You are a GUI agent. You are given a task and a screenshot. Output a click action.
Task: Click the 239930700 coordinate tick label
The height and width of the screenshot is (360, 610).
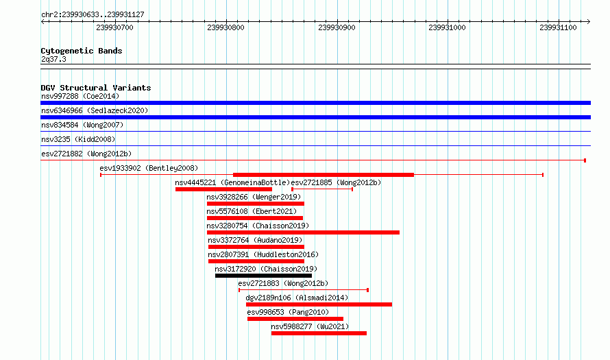point(114,27)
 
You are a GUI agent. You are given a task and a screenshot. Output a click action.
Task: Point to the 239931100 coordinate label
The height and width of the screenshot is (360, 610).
point(559,27)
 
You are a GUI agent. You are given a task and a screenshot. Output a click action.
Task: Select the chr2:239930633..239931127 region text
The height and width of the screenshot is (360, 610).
point(93,14)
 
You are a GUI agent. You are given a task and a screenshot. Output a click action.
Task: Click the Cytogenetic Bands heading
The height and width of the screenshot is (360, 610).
point(82,51)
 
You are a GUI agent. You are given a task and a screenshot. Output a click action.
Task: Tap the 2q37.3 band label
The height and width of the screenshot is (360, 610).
point(53,59)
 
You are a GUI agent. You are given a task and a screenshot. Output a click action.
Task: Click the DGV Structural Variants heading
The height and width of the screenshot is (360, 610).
point(96,88)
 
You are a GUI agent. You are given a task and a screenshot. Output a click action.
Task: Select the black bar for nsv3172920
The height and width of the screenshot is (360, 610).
point(263,276)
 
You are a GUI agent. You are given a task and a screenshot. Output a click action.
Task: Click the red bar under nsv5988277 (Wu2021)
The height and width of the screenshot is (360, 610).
point(319,333)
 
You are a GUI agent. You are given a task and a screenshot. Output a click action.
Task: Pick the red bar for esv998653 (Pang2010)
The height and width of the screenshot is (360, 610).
point(295,319)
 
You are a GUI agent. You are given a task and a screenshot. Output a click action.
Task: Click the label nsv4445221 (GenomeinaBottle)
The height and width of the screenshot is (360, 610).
point(232,182)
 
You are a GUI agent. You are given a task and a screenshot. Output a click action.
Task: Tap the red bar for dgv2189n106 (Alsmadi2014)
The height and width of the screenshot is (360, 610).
point(319,304)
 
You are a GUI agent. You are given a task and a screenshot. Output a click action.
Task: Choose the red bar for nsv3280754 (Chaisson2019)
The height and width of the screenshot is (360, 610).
point(303,232)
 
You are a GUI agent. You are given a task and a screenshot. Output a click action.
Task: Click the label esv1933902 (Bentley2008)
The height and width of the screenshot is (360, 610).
point(149,168)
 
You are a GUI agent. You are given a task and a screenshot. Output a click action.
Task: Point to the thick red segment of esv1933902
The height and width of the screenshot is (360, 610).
point(324,175)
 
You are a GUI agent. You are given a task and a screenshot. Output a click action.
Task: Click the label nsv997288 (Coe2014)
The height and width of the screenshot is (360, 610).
point(80,96)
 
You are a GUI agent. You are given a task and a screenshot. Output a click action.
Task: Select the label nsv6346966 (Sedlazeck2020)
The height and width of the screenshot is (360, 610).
point(95,110)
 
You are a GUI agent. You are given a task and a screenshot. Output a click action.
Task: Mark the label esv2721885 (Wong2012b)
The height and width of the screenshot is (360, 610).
point(336,182)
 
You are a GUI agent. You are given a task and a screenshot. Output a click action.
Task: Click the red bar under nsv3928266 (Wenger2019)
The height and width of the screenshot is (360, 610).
point(256,204)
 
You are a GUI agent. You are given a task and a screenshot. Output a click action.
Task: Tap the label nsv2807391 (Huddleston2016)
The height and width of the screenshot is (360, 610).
point(263,254)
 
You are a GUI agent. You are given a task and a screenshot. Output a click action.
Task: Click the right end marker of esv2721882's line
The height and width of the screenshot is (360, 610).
point(585,160)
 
